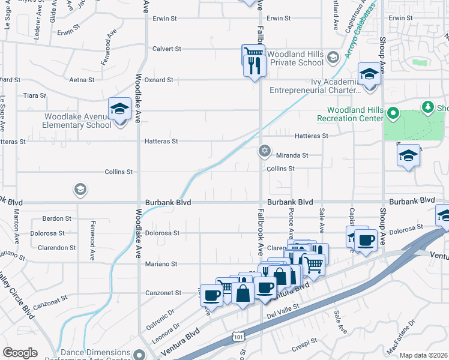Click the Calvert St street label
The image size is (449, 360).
pyautogui.click(x=166, y=49)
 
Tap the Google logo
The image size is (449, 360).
pyautogui.click(x=20, y=353)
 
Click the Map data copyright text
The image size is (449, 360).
pyautogui.click(x=423, y=355)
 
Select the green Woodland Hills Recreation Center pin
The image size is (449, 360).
pyautogui.click(x=393, y=113)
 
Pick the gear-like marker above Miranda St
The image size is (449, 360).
pyautogui.click(x=264, y=151)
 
